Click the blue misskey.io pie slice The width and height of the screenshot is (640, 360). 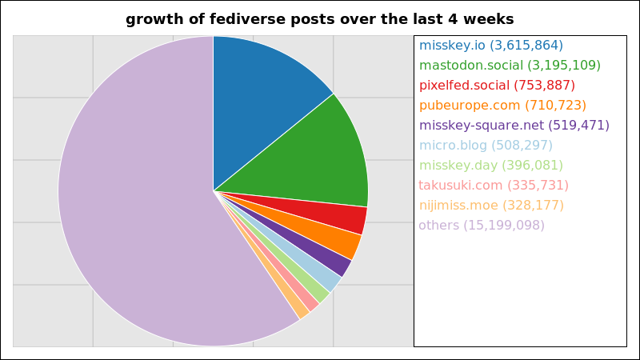[262, 102]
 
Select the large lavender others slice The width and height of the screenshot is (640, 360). [134, 192]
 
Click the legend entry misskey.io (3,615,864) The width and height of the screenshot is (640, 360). [491, 46]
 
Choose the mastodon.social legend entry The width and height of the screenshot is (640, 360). [510, 66]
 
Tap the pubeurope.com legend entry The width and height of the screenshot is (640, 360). [502, 106]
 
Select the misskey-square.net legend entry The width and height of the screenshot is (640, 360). [514, 126]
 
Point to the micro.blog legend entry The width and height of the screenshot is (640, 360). [486, 146]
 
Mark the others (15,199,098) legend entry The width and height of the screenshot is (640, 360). [482, 226]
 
